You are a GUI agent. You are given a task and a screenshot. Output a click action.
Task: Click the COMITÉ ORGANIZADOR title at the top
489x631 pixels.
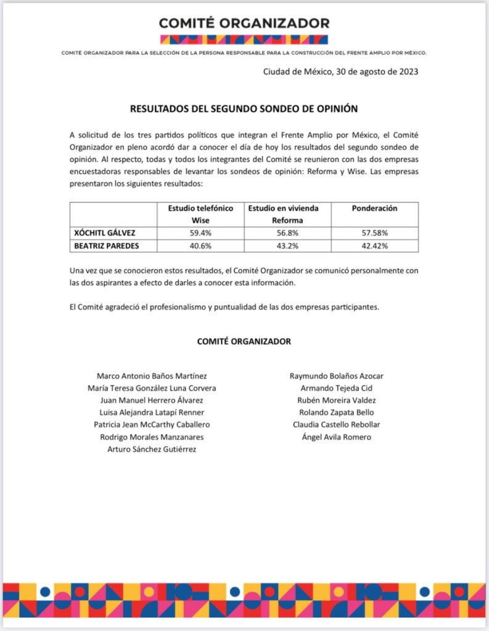tap(244, 23)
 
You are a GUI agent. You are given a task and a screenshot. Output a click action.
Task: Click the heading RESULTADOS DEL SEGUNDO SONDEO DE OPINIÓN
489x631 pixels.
tap(244, 109)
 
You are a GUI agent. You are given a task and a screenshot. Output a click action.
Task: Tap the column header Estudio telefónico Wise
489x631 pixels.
tap(201, 214)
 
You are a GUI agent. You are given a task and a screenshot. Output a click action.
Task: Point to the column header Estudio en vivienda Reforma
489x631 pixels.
tap(287, 214)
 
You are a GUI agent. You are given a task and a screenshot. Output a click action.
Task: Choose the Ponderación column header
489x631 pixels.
tap(374, 208)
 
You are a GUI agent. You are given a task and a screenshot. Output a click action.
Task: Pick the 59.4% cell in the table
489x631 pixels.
tap(201, 233)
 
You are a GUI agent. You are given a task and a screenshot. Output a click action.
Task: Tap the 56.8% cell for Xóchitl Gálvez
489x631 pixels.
tap(287, 233)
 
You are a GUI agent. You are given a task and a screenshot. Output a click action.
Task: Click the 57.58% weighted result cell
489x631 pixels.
tap(374, 233)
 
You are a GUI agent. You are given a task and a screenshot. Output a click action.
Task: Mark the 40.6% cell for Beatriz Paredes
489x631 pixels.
tap(201, 245)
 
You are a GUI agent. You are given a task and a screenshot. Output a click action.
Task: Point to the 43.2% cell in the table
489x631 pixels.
tap(287, 245)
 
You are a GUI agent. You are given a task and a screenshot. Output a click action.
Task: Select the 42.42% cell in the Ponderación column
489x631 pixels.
tap(374, 245)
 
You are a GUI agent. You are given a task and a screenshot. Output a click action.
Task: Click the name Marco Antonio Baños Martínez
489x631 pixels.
tap(152, 376)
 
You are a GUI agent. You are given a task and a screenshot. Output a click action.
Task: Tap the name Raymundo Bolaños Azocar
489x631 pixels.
tap(336, 376)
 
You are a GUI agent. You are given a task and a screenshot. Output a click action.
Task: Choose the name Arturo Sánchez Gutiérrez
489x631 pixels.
tap(152, 449)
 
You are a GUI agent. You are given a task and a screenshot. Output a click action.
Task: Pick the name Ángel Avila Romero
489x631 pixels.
tap(336, 437)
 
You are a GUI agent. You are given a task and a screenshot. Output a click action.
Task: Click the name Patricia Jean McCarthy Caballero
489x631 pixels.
tap(152, 424)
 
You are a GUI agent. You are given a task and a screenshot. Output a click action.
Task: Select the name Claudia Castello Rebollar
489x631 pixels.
tap(336, 424)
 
